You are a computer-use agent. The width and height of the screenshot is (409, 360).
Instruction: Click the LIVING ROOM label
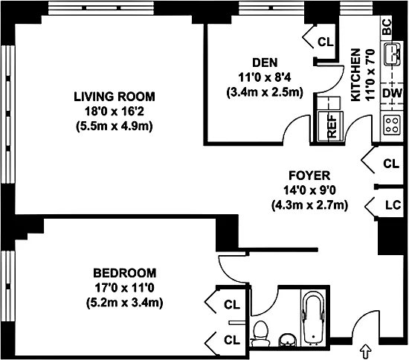[x=115, y=97]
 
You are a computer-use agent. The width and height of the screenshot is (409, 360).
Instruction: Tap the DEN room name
[x=265, y=62]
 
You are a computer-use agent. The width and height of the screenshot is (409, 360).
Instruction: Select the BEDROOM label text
[x=125, y=273]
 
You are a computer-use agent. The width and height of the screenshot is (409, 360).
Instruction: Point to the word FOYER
[x=309, y=176]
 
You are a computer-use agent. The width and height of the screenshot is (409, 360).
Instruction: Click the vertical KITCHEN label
[x=355, y=74]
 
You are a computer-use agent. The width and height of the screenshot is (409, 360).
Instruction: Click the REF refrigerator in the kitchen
[x=331, y=126]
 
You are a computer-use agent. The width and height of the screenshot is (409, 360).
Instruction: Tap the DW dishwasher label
[x=393, y=93]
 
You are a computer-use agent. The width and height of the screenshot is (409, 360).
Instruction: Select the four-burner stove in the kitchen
[x=390, y=125]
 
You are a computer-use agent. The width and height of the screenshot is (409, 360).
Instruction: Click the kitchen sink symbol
[x=391, y=54]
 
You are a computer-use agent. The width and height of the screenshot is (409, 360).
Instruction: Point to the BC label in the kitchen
[x=387, y=27]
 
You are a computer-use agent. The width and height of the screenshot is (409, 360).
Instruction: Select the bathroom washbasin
[x=288, y=340]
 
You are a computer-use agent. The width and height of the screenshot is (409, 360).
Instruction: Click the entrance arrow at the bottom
[x=366, y=352]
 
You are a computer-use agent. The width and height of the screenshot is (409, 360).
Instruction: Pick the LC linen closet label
[x=393, y=205]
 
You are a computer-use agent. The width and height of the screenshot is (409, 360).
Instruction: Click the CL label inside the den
[x=326, y=42]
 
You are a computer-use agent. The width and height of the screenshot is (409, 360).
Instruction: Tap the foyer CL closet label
[x=391, y=164]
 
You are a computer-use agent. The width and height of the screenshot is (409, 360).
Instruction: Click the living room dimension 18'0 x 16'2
[x=115, y=112]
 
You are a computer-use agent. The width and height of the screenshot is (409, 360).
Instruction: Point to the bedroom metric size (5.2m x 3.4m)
[x=125, y=303]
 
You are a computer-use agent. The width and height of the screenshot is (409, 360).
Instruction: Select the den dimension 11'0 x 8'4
[x=265, y=77]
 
